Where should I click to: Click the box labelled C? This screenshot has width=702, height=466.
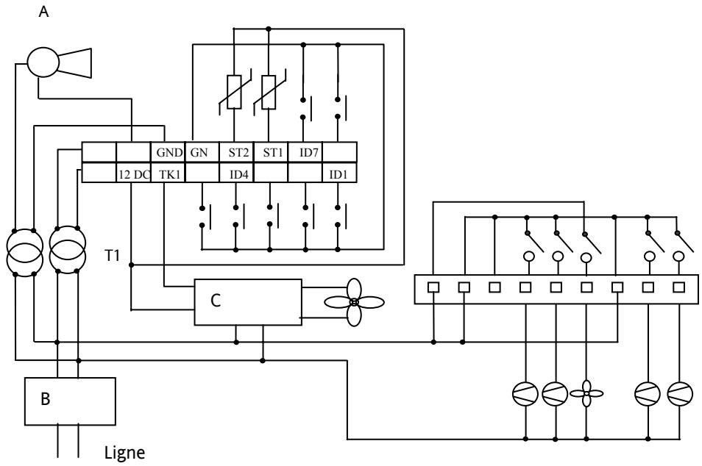pos(247,302)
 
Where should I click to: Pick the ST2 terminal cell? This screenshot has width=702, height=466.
pos(235,152)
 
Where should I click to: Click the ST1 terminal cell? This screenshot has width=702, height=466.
pos(270,152)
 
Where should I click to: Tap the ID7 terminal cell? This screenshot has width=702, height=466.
pos(305,152)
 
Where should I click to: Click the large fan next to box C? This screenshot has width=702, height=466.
pos(354,302)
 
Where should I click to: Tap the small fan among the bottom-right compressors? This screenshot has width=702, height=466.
pos(586,392)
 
